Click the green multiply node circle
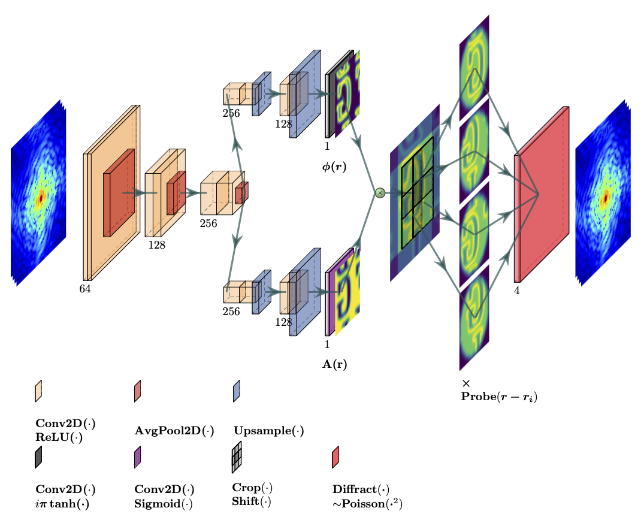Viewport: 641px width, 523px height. tap(380, 193)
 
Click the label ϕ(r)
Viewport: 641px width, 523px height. tap(334, 167)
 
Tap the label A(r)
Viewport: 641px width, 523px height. tap(334, 364)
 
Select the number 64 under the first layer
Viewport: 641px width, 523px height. tap(85, 289)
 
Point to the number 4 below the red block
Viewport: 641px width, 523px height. tap(517, 291)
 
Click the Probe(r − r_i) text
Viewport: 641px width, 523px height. tap(499, 397)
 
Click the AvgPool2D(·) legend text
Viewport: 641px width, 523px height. tap(174, 431)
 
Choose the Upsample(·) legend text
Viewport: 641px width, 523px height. tap(268, 431)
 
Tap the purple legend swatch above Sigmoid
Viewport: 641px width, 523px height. tap(137, 457)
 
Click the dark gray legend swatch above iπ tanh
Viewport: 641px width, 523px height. tap(38, 457)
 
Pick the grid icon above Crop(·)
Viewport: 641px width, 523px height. tap(237, 457)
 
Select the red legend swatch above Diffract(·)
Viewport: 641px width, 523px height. tap(335, 457)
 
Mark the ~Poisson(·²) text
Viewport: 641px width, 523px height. tap(367, 504)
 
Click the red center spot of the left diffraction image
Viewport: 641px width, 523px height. tap(41, 198)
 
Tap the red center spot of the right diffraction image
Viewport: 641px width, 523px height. tap(606, 197)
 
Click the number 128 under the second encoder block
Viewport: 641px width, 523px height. tap(157, 245)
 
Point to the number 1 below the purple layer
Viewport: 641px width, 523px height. tap(327, 344)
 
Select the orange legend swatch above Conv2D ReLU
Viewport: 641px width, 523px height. tap(38, 391)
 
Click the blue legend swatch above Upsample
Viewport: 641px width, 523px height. tap(237, 391)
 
